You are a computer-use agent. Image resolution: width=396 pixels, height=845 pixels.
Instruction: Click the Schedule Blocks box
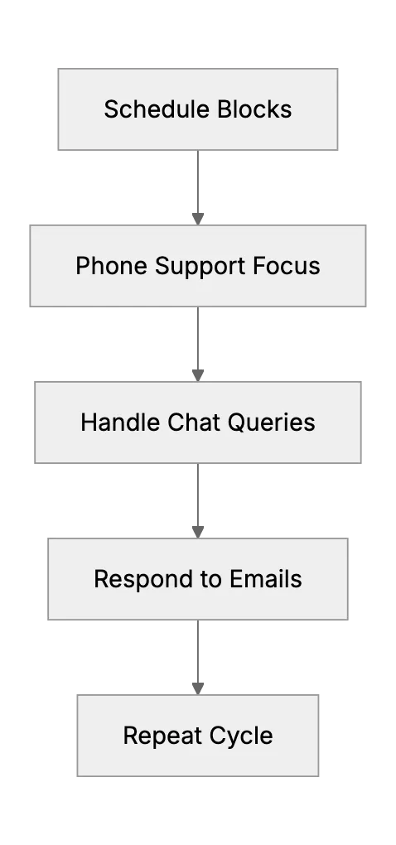pyautogui.click(x=198, y=109)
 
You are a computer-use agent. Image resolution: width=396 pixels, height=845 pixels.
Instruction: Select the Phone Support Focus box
pyautogui.click(x=198, y=266)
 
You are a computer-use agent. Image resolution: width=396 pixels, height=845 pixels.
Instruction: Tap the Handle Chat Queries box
pyautogui.click(x=198, y=422)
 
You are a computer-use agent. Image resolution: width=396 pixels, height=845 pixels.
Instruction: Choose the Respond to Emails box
pyautogui.click(x=198, y=579)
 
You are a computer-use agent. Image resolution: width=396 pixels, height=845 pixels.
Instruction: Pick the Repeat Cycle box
pyautogui.click(x=198, y=736)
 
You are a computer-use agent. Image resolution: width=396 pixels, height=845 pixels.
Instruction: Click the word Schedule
pyautogui.click(x=158, y=109)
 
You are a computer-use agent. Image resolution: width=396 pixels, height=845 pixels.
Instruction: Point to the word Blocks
pyautogui.click(x=255, y=109)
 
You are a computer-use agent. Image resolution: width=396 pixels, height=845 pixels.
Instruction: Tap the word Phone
pyautogui.click(x=112, y=266)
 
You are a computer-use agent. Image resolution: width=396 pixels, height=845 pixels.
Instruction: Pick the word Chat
pyautogui.click(x=195, y=422)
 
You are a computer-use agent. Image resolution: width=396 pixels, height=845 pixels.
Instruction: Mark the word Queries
pyautogui.click(x=272, y=423)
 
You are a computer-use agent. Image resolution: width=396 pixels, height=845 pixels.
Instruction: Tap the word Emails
pyautogui.click(x=266, y=579)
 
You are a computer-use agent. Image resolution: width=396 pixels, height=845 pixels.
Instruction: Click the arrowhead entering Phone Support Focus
pyautogui.click(x=198, y=219)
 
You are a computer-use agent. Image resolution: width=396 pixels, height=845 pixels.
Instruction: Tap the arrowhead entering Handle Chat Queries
pyautogui.click(x=198, y=375)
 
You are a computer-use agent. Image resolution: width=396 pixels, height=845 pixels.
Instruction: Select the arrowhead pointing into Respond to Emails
pyautogui.click(x=198, y=532)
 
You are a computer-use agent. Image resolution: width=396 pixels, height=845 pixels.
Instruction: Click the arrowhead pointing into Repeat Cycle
pyautogui.click(x=198, y=688)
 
